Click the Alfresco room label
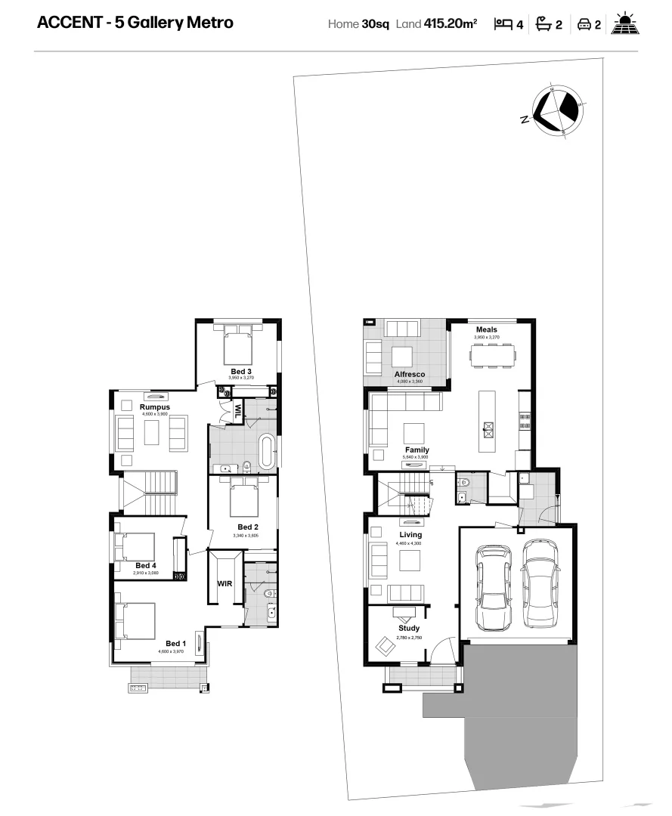click(409, 374)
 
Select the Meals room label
click(487, 329)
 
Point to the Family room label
click(417, 450)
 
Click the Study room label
click(409, 629)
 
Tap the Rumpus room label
click(154, 407)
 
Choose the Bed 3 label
click(241, 371)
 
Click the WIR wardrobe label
click(225, 584)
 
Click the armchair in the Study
click(386, 647)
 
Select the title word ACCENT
click(68, 23)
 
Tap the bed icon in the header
click(503, 24)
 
